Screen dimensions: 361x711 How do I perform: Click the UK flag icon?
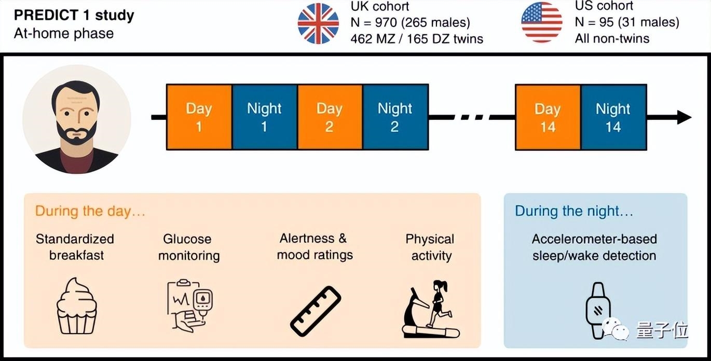(x=318, y=23)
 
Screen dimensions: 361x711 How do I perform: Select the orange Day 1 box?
(x=199, y=117)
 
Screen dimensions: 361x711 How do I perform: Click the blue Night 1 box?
(x=264, y=117)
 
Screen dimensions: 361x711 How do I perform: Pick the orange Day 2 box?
(x=330, y=117)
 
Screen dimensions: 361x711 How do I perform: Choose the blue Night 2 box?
(x=395, y=117)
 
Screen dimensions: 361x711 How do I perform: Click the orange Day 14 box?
(x=548, y=117)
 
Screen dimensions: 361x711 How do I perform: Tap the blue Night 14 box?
(x=613, y=117)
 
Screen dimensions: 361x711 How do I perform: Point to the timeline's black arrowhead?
(x=683, y=118)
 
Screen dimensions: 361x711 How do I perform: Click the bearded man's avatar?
(x=77, y=119)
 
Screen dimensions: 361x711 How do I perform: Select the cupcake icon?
(x=76, y=306)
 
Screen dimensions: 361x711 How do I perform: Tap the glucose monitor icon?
(x=189, y=305)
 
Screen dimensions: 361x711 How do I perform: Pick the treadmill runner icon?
(x=431, y=309)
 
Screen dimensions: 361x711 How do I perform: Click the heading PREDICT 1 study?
(x=74, y=16)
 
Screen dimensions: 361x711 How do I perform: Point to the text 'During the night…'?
(x=574, y=211)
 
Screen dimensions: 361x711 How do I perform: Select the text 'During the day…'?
(x=90, y=211)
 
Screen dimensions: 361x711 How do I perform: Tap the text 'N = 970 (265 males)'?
(x=411, y=22)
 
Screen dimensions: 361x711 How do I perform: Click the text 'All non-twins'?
(x=612, y=38)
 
